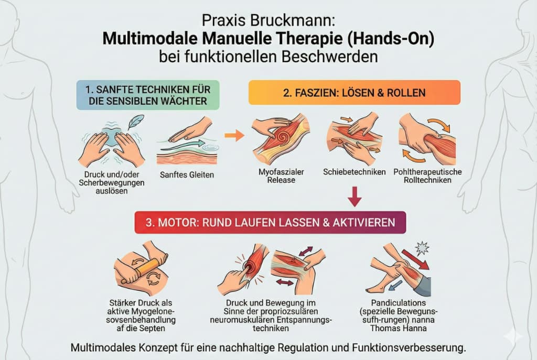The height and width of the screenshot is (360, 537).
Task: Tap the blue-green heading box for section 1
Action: coord(147,95)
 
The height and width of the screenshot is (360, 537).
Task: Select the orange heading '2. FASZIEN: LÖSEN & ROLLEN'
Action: coord(355,92)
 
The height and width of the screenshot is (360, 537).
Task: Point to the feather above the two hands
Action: coord(136,122)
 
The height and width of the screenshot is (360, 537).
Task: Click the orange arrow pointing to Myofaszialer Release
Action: coord(234,135)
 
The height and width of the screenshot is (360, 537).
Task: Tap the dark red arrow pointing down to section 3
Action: coord(355,197)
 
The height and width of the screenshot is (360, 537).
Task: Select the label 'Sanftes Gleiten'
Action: coord(187,174)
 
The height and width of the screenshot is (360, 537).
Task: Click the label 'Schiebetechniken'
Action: coord(355,172)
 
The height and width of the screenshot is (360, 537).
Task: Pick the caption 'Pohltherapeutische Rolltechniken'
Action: coord(427,176)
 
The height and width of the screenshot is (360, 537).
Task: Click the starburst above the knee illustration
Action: coord(422,248)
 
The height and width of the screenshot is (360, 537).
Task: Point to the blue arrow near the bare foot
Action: coord(396,284)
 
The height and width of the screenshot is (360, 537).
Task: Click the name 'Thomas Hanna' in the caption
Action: coord(399,328)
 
